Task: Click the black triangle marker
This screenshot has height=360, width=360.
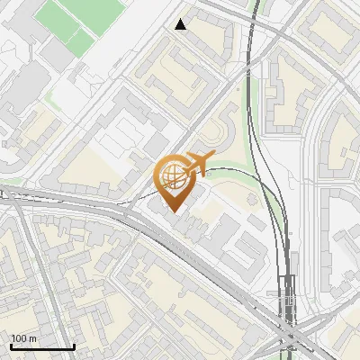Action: coord(181,24)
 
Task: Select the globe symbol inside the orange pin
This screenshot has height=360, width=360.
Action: coord(173,175)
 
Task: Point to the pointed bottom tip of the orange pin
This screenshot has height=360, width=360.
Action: coord(173,212)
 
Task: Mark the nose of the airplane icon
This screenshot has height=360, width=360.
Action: coord(212,157)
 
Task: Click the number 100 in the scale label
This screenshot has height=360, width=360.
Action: coord(19,338)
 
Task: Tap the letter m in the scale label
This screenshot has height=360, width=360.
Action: coord(32,338)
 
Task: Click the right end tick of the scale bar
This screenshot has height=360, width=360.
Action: coord(74,345)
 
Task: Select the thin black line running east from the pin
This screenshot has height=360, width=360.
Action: coord(243,173)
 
